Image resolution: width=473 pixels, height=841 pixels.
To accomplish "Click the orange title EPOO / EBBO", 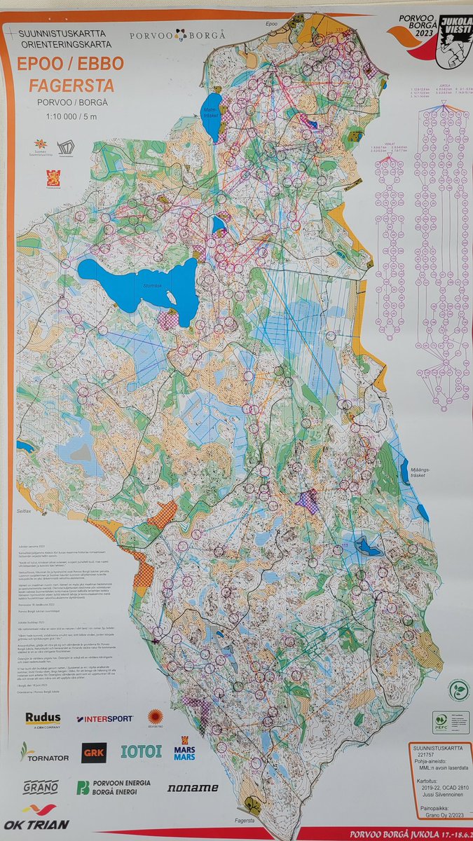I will point(70,64).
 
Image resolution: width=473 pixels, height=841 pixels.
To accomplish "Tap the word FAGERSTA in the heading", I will point(70,87).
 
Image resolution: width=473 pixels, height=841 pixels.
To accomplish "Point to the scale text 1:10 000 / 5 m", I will point(69,117).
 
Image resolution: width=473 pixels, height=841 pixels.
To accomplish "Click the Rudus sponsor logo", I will point(43,719).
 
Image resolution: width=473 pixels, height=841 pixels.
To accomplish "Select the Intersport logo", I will point(105,719).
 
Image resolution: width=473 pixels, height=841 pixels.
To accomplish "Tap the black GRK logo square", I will point(94,753).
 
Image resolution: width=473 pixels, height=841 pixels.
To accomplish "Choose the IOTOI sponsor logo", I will point(141,751).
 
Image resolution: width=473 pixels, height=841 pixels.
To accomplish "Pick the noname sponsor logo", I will point(192,788).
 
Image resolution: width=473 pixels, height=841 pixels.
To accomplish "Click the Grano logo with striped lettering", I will point(40,787).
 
